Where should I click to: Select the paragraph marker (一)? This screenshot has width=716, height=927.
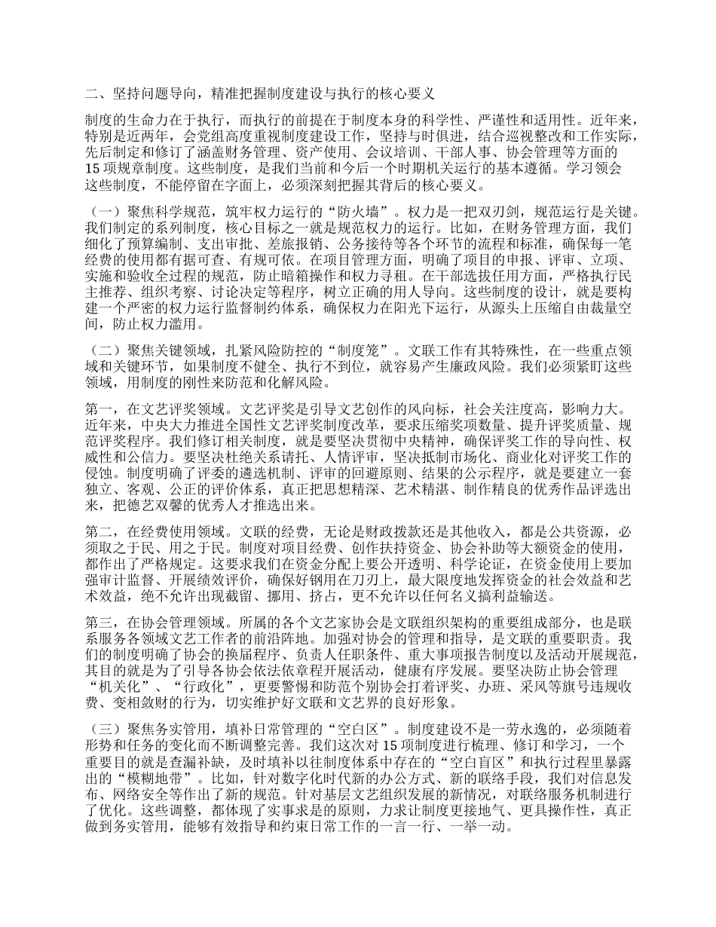tap(104, 207)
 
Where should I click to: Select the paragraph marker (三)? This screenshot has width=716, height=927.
tap(104, 734)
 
